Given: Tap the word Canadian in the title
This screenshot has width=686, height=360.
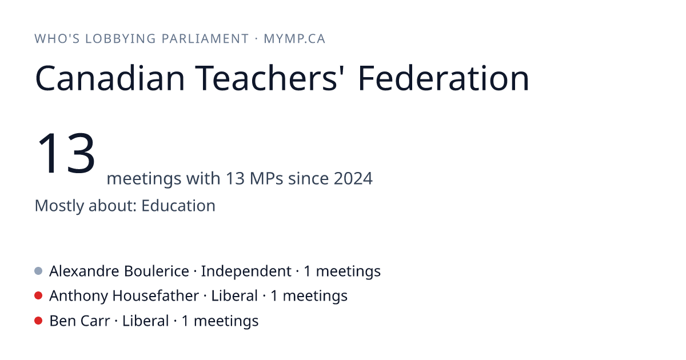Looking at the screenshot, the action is (x=110, y=78).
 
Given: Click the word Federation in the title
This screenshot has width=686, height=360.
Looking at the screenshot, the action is (x=444, y=78).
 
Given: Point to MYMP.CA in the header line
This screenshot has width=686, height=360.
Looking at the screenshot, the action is (x=294, y=39).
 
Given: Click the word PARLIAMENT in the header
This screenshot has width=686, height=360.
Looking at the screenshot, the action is (x=205, y=39).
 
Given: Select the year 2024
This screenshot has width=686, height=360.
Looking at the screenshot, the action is (x=353, y=178).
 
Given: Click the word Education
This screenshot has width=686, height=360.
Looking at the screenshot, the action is (x=178, y=205).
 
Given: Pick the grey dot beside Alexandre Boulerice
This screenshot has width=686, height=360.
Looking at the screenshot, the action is (x=38, y=271).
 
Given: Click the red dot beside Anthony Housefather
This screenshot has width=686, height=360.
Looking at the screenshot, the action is (x=38, y=296).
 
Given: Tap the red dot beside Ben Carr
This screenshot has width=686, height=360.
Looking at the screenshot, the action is (x=38, y=321).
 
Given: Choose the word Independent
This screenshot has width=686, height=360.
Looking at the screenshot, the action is (x=246, y=271).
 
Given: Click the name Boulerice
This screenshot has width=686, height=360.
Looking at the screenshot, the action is (x=157, y=271).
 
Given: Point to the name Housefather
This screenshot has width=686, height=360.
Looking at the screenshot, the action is (x=155, y=296).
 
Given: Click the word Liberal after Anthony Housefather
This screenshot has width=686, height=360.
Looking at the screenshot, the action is (x=234, y=296).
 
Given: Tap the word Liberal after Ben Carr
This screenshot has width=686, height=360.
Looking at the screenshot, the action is (x=145, y=321).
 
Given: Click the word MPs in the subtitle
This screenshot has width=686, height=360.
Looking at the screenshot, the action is (x=266, y=178).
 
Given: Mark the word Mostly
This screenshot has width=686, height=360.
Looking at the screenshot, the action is (x=59, y=206).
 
